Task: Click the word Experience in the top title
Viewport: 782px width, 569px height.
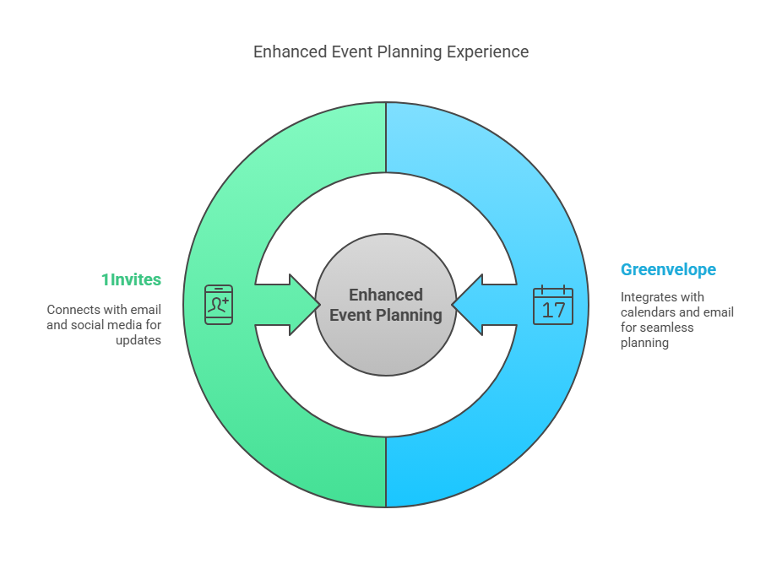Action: click(x=487, y=51)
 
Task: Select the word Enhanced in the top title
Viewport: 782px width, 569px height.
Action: click(x=288, y=51)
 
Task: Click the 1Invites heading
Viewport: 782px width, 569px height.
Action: click(x=131, y=279)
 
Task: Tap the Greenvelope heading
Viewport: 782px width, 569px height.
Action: click(x=668, y=269)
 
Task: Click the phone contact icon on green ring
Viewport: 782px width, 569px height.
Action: click(x=219, y=304)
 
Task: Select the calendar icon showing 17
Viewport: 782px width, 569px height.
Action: click(x=553, y=305)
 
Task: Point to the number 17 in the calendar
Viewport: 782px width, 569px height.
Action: click(x=553, y=310)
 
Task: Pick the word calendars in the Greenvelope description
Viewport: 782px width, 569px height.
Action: click(x=649, y=312)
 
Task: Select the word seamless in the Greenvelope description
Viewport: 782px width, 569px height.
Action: click(x=667, y=328)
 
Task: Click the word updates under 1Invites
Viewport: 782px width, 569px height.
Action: click(x=138, y=340)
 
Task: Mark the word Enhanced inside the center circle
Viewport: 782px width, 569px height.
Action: click(x=386, y=295)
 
